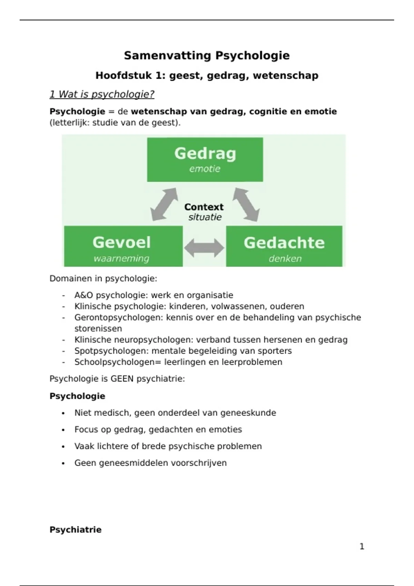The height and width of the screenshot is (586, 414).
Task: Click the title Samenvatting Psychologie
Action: coord(207,55)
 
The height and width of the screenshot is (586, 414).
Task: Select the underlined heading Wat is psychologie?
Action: coord(102,94)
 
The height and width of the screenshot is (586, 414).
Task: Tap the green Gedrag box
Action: coord(205,159)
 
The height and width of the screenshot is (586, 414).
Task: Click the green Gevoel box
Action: coord(123,246)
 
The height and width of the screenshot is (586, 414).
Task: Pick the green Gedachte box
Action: coord(284,246)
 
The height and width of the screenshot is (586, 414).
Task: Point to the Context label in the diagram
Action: coord(204,207)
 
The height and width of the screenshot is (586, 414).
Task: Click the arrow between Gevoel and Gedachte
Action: coord(204,247)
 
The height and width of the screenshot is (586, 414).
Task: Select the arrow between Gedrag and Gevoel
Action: coord(164,204)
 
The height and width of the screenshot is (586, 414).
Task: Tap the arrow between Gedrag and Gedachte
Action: coord(246,204)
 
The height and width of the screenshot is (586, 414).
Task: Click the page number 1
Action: coord(362,546)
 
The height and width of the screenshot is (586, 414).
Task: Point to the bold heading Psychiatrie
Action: coord(76,530)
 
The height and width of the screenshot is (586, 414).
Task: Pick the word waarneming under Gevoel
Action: coord(121,259)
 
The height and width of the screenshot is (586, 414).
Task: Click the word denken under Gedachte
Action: coord(285,259)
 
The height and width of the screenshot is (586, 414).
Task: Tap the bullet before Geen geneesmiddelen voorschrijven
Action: coord(63,463)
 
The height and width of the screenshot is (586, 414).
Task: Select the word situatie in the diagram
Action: coord(205,217)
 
